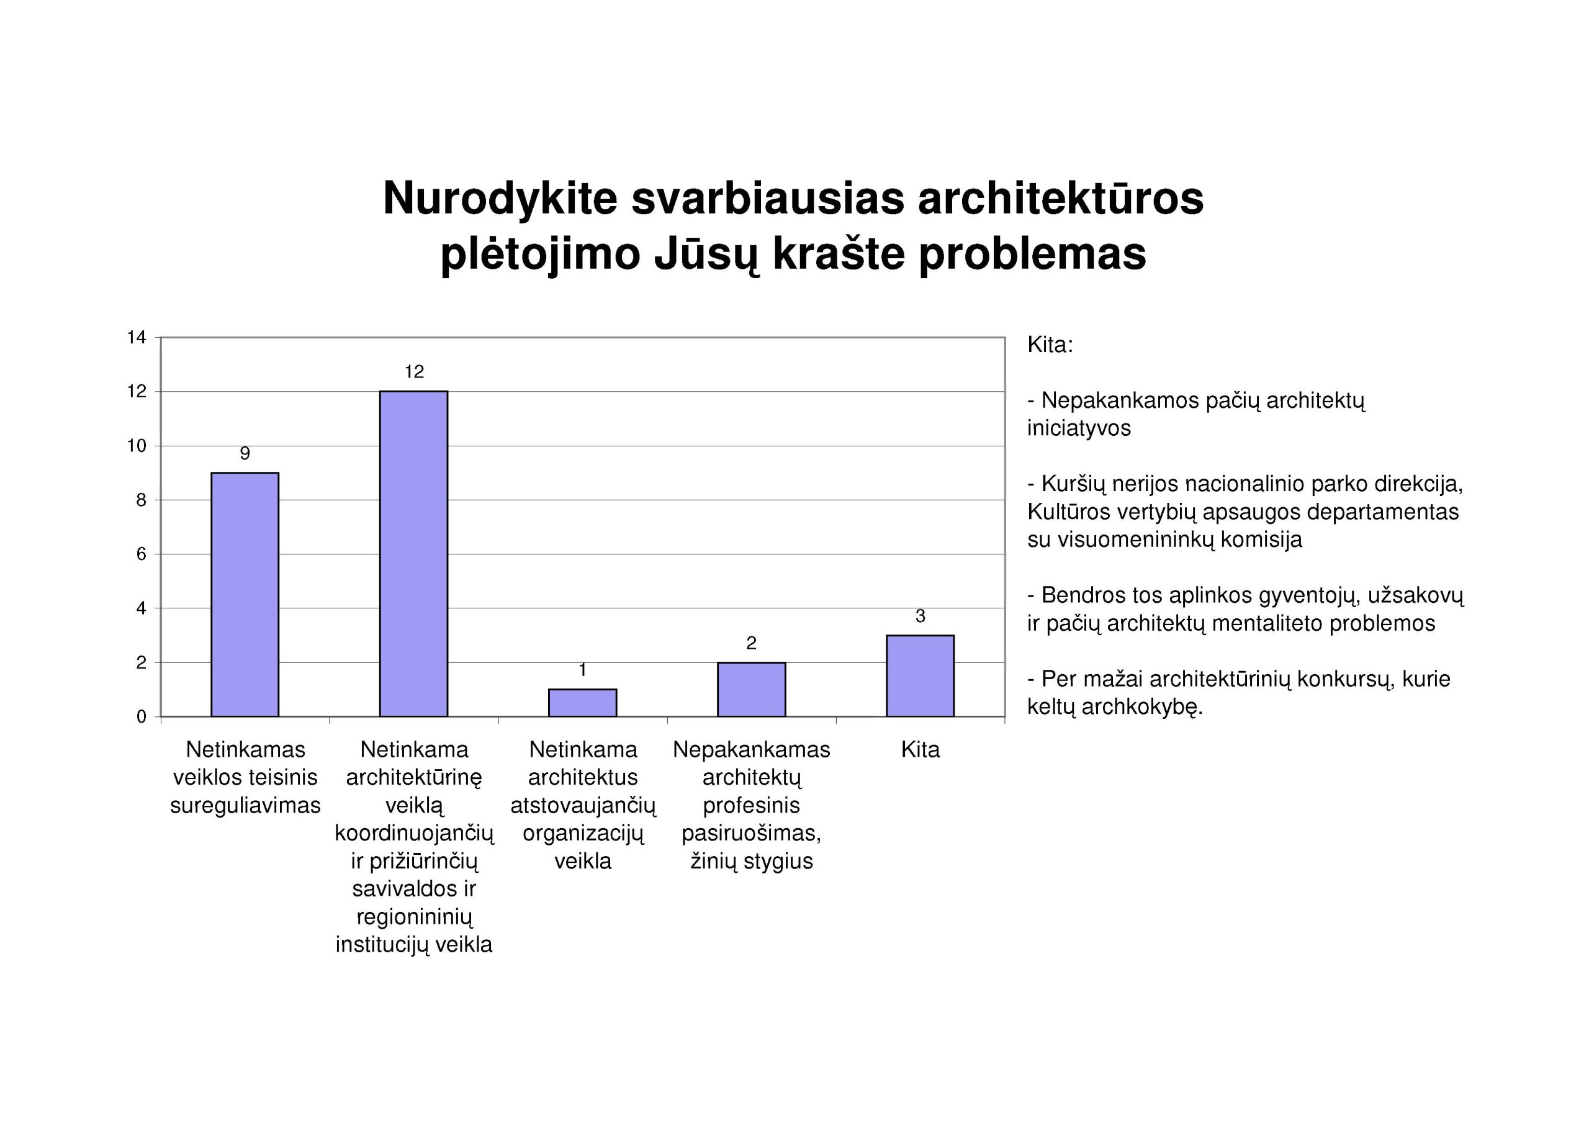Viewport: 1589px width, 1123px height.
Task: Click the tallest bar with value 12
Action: [413, 553]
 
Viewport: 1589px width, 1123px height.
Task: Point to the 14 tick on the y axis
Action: [137, 338]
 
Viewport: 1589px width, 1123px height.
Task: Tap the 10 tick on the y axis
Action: [137, 446]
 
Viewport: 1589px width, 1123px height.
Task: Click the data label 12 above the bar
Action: [414, 372]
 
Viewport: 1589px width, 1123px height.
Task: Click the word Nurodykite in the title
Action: [500, 199]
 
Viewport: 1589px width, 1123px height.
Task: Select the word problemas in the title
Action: [1033, 254]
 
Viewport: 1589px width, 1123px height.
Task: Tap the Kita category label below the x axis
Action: [920, 750]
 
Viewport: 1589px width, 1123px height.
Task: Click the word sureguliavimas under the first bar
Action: [245, 805]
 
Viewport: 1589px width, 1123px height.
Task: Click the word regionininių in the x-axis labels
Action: [414, 917]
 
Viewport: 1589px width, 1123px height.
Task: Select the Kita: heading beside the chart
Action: [1050, 345]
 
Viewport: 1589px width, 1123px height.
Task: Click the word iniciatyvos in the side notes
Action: [1078, 428]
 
